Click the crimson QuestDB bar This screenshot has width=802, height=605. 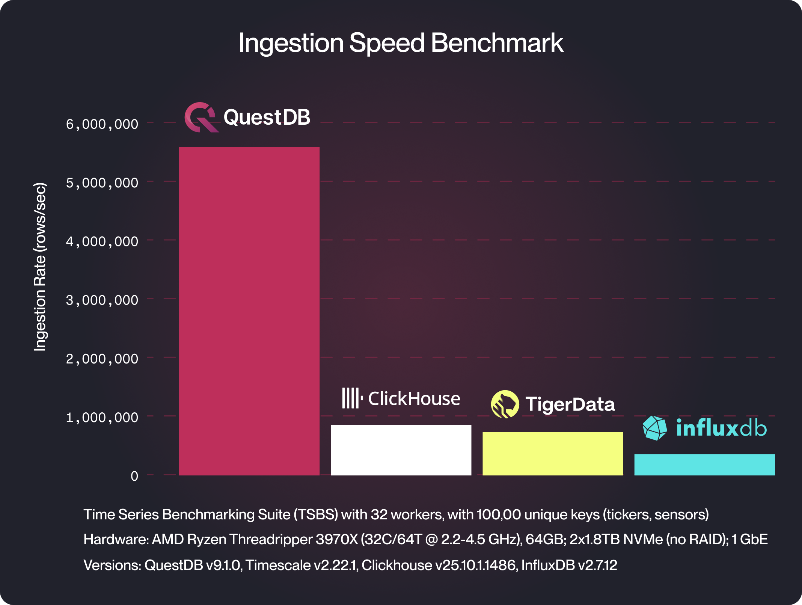(249, 311)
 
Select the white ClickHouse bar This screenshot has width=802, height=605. (401, 450)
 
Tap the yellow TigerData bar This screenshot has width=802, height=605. (552, 454)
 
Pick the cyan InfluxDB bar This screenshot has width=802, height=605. (704, 465)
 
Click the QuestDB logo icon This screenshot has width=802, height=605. (201, 117)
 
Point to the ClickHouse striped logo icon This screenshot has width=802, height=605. (352, 398)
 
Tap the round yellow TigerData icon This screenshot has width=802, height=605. (505, 404)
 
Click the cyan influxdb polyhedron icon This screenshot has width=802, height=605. (654, 428)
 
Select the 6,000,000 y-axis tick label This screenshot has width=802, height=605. (102, 124)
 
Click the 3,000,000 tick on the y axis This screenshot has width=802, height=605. (102, 300)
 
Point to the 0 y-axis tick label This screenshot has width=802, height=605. (134, 476)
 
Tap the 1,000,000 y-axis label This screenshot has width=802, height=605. (102, 418)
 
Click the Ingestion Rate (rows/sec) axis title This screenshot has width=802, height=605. (40, 267)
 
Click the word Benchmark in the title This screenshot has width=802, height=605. (497, 43)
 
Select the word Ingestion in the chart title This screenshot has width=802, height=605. (291, 43)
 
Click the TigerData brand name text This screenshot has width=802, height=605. (570, 404)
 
